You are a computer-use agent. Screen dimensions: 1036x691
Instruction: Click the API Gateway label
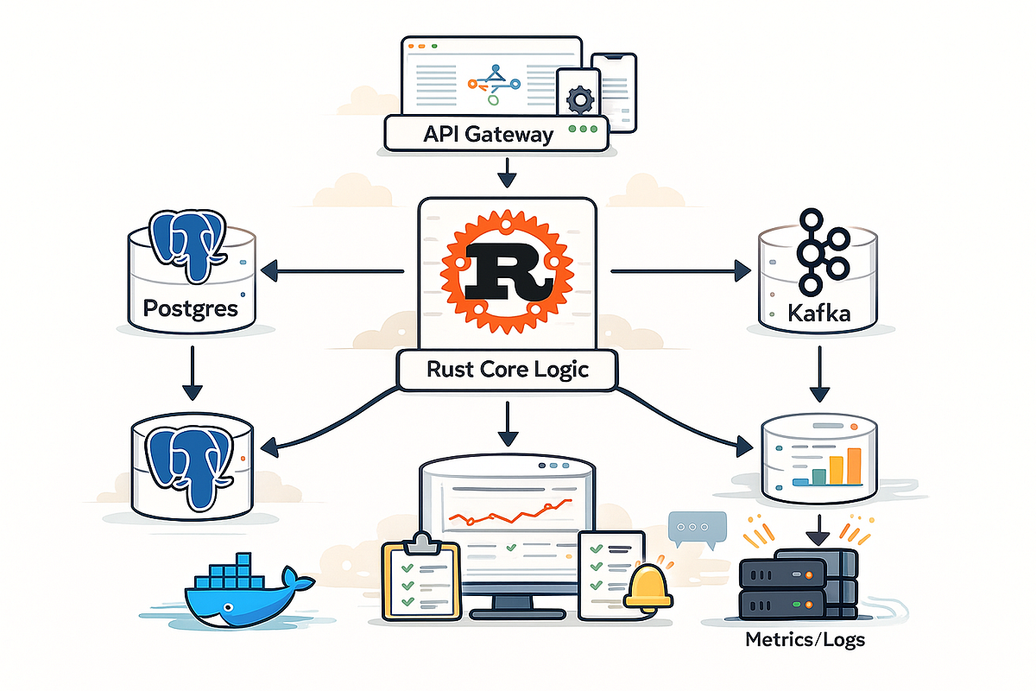coord(488,135)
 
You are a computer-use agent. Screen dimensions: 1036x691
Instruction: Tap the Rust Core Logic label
coord(508,370)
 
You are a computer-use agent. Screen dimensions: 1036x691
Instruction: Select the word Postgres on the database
coord(191,308)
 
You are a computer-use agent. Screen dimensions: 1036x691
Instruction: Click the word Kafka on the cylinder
coord(818,314)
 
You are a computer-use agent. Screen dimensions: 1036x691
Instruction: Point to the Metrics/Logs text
coord(805,640)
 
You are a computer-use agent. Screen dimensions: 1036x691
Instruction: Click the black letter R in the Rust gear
coord(509,272)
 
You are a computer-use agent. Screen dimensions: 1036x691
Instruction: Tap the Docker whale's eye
coord(228,606)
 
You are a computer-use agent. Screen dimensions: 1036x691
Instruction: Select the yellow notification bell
coord(648,588)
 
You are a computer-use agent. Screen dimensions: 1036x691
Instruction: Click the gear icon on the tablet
coord(580,99)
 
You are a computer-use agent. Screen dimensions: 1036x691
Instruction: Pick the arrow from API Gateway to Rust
coord(508,173)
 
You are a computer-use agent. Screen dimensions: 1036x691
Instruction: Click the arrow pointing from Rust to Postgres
coord(332,271)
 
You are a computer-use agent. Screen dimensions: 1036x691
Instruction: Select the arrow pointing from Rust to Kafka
coord(681,271)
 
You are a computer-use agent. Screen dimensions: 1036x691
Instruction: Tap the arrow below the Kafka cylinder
coord(819,374)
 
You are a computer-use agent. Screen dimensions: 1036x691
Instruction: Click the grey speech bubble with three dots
coord(698,529)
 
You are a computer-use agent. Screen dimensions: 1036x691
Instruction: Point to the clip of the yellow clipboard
coord(422,543)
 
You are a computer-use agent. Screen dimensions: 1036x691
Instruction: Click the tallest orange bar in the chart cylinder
coord(854,466)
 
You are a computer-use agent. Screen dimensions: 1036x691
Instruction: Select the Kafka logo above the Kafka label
coord(824,252)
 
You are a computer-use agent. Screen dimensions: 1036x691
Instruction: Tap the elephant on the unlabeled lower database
coord(190,466)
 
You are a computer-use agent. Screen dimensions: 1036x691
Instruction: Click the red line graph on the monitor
coord(510,512)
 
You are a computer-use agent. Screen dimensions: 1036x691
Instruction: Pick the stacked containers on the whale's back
coord(230,573)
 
